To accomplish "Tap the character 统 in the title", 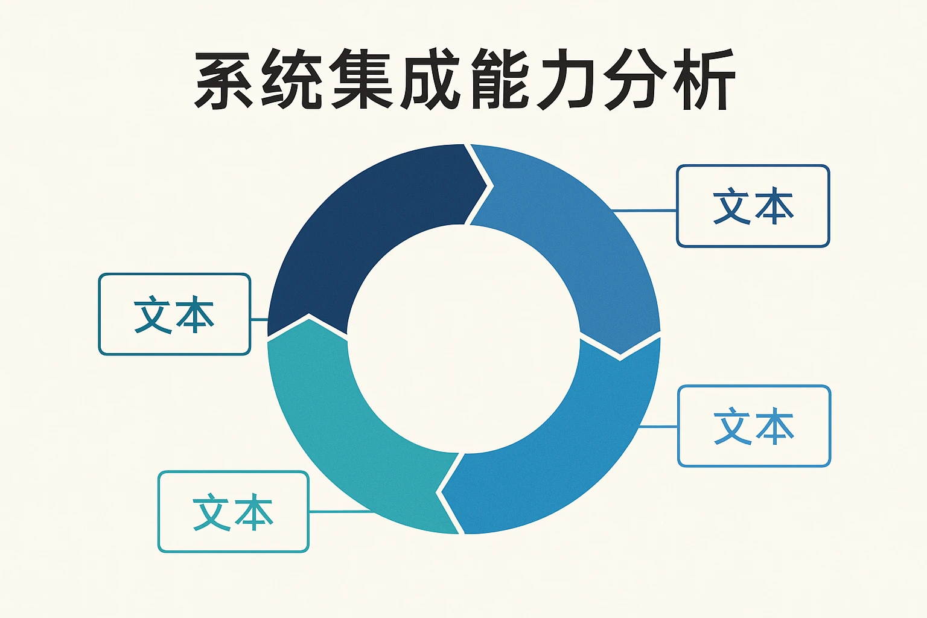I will click(293, 80).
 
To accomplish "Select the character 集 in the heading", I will click(362, 80).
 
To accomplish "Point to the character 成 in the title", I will click(429, 80).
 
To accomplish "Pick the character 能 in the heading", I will click(498, 80).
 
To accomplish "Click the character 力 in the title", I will click(565, 80).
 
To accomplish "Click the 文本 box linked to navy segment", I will click(174, 314).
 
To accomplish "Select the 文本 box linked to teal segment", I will click(234, 512).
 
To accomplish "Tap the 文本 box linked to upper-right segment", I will click(753, 206).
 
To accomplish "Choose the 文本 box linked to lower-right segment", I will click(754, 426).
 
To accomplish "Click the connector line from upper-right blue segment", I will click(645, 211).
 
